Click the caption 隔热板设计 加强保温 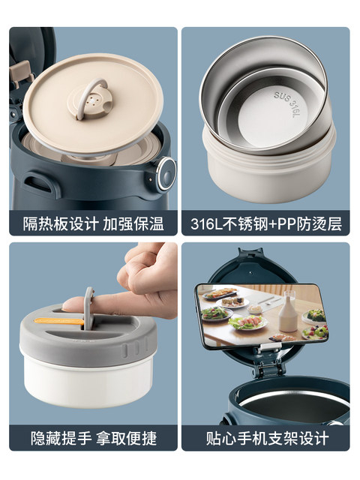(93, 223)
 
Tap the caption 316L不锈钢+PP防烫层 (266, 223)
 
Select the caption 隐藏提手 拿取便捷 (93, 438)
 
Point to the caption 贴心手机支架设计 (267, 438)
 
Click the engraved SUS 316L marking (286, 104)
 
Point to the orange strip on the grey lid (59, 321)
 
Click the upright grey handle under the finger (88, 307)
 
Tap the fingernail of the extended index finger (68, 305)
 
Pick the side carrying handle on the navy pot (38, 182)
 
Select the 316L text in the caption (205, 224)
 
